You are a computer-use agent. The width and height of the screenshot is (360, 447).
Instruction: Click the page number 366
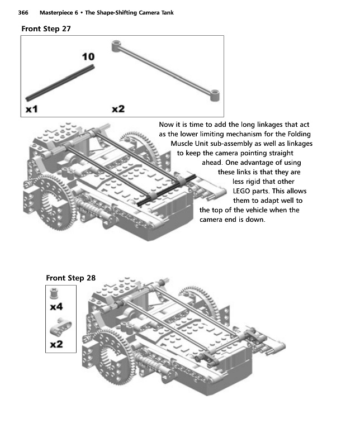click(24, 12)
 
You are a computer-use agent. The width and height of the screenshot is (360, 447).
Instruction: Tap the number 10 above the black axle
click(88, 57)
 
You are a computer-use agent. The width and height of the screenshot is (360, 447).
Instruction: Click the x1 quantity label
click(31, 109)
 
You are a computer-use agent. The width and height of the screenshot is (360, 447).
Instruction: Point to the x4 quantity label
click(56, 307)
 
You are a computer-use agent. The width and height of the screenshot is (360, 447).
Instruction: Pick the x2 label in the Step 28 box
click(56, 344)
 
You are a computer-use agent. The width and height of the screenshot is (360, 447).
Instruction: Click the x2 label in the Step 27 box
click(118, 109)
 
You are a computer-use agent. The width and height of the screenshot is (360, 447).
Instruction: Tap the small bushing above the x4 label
click(56, 293)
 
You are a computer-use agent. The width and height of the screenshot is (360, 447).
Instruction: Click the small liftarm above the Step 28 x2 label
click(57, 327)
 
